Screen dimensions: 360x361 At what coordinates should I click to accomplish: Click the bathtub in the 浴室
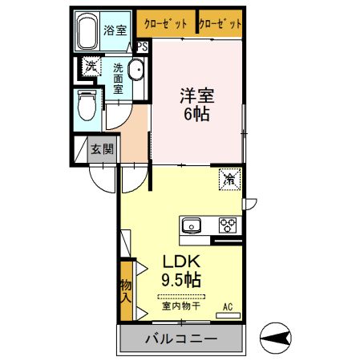click(87, 31)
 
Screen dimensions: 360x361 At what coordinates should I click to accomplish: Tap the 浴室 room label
click(115, 30)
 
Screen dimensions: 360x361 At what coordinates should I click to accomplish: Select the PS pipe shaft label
click(143, 47)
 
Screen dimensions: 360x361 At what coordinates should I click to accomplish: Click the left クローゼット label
click(165, 24)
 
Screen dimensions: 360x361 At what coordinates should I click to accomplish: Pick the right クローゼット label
click(220, 24)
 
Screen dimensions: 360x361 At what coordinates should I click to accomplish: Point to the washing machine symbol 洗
click(91, 67)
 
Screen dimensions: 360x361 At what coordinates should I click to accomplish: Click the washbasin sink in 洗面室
click(136, 69)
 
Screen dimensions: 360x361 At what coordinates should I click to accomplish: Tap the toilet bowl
click(87, 105)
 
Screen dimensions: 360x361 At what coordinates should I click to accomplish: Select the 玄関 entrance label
click(103, 149)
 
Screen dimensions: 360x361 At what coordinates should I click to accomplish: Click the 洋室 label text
click(197, 95)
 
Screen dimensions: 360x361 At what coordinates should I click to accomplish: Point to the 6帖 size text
click(196, 114)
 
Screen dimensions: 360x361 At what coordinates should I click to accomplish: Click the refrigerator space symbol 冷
click(230, 180)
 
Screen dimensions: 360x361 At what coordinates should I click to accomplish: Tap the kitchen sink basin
click(192, 225)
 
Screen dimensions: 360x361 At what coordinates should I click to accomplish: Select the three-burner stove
click(228, 225)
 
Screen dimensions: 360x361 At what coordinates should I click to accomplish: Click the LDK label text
click(181, 262)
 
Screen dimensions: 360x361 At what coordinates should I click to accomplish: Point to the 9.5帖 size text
click(181, 280)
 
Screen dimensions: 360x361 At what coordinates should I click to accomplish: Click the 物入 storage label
click(126, 291)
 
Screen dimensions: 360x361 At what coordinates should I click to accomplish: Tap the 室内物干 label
click(181, 306)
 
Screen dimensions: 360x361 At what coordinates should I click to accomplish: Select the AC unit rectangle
click(228, 315)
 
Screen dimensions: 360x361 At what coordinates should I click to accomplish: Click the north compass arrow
click(276, 338)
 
